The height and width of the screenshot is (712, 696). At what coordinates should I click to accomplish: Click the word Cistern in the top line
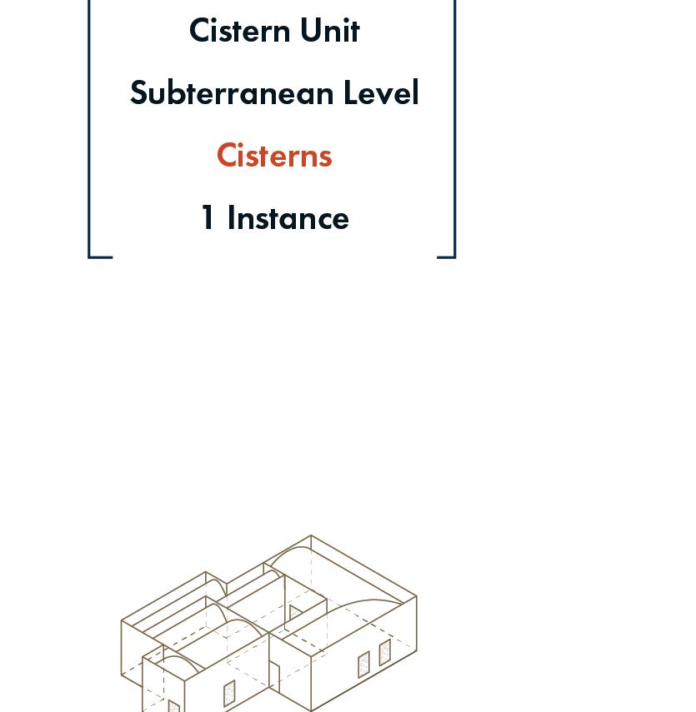[x=240, y=31]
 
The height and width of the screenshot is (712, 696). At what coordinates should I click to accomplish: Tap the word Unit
[x=330, y=31]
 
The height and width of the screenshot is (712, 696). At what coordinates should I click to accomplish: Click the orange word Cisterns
[x=274, y=156]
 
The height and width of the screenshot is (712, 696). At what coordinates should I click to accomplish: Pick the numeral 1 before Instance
[x=208, y=218]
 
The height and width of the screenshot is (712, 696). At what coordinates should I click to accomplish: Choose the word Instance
[x=288, y=218]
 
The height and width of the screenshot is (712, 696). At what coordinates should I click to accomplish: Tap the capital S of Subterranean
[x=138, y=93]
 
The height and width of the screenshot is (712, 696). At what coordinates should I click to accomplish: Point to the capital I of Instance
[x=231, y=218]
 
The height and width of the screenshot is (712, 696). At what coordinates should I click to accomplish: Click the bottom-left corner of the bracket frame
[x=90, y=256]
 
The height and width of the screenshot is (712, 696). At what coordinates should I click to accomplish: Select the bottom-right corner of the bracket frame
[x=454, y=256]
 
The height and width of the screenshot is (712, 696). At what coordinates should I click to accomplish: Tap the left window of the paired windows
[x=363, y=665]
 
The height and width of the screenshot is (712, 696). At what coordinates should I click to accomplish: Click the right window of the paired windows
[x=384, y=652]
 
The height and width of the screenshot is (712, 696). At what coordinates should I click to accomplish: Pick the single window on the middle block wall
[x=229, y=693]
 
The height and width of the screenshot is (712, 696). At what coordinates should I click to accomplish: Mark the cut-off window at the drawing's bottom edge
[x=173, y=707]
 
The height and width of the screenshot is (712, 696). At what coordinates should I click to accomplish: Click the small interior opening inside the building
[x=294, y=615]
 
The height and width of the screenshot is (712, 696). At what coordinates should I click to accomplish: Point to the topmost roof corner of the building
[x=311, y=535]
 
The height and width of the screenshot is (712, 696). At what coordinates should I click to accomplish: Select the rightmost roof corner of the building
[x=416, y=596]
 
